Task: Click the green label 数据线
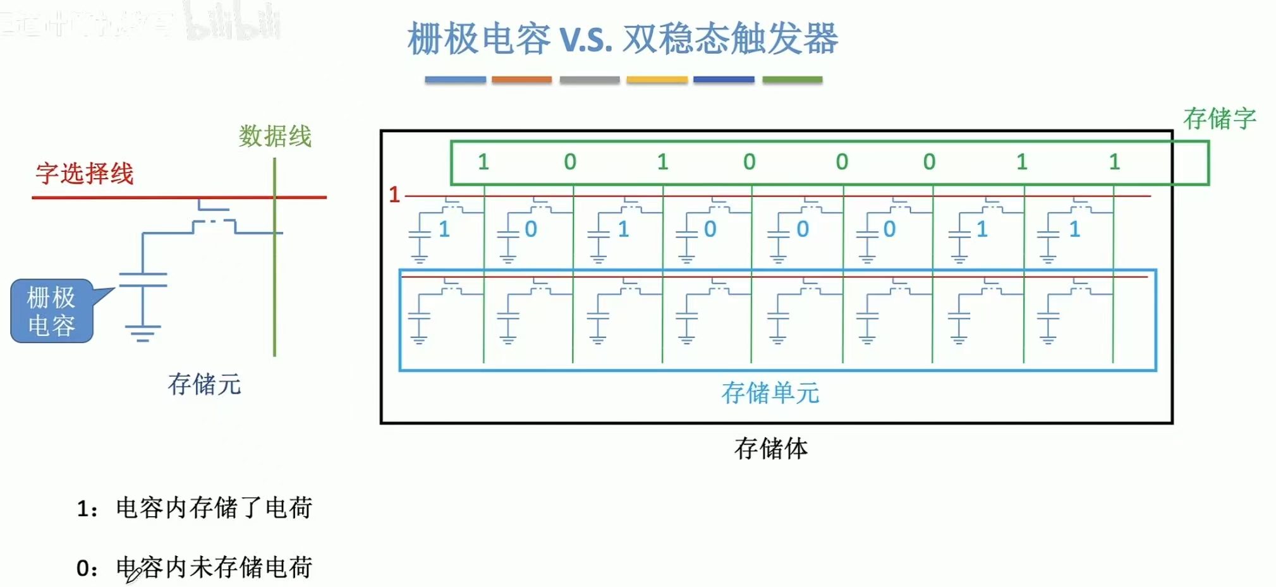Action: coord(275,136)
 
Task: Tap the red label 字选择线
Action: coord(85,173)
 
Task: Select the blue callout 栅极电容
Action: coord(52,312)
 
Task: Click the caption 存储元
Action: coord(204,384)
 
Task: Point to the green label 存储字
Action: coord(1219,118)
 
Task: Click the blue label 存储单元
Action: coord(770,393)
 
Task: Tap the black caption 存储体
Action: coord(770,449)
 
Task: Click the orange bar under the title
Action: coord(521,80)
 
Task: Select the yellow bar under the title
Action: coord(657,80)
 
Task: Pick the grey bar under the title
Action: coord(589,80)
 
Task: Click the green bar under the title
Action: coord(792,80)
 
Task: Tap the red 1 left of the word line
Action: coord(394,195)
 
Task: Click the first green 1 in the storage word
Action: coord(483,162)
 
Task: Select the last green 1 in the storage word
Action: coord(1114,162)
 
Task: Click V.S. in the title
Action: coord(586,39)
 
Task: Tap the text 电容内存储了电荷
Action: coord(214,508)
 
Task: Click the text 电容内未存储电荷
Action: coord(214,567)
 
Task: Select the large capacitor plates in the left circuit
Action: coord(143,280)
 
